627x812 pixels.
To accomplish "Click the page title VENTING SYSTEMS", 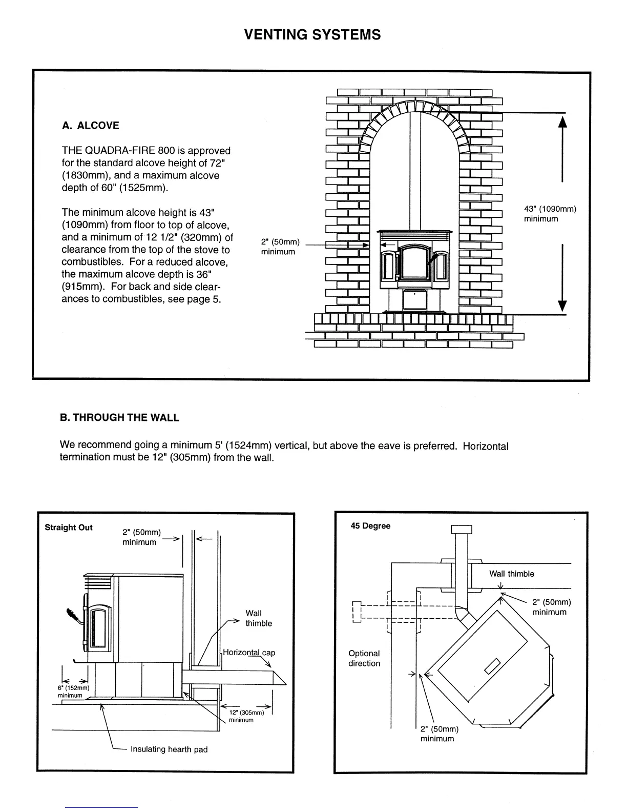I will pyautogui.click(x=312, y=35).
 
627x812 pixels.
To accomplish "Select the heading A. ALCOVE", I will pyautogui.click(x=90, y=126).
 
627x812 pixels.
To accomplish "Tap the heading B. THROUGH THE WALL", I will pyautogui.click(x=119, y=417).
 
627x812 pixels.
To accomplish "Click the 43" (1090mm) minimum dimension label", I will pyautogui.click(x=550, y=214).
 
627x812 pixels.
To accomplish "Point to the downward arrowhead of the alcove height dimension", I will pyautogui.click(x=562, y=306).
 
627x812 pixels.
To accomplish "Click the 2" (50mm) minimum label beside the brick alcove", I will pyautogui.click(x=280, y=247).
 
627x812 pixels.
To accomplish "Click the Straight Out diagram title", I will pyautogui.click(x=69, y=527).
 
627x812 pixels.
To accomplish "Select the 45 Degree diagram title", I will pyautogui.click(x=370, y=526).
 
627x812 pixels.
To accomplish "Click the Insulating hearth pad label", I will pyautogui.click(x=169, y=749).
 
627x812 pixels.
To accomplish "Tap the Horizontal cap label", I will pyautogui.click(x=249, y=653).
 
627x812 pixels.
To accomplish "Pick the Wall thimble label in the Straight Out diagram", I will pyautogui.click(x=258, y=618).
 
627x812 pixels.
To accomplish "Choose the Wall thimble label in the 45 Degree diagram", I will pyautogui.click(x=511, y=574).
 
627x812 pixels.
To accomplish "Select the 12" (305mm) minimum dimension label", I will pyautogui.click(x=245, y=716).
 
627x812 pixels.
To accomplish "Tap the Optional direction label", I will pyautogui.click(x=364, y=658).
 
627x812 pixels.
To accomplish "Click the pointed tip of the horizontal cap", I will pyautogui.click(x=285, y=685).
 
